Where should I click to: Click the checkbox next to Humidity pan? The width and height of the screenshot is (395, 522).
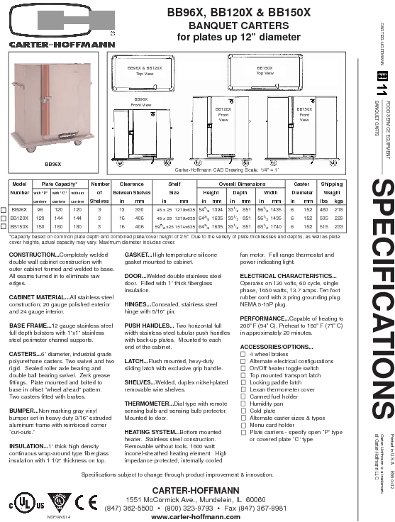pos(243,403)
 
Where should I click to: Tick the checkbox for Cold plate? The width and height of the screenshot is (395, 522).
pos(243,410)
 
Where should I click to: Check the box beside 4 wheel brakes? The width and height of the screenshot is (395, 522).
pos(243,354)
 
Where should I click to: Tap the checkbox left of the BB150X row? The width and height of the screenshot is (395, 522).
pos(4,226)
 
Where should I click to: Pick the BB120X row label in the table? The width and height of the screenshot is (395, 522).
pos(20,218)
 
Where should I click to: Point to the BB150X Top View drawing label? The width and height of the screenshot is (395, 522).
pos(265,71)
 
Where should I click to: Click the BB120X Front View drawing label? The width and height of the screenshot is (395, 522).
pos(223,114)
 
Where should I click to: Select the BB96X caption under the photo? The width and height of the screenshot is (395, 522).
pos(52,164)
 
